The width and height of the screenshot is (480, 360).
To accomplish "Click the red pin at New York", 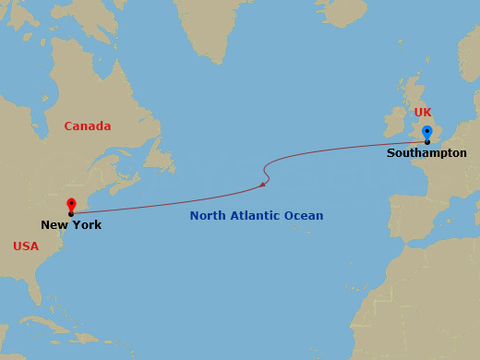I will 71,205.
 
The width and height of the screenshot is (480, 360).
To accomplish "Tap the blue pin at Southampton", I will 426,132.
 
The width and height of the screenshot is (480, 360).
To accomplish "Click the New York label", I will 71,224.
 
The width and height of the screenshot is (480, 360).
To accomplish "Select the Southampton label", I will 426,152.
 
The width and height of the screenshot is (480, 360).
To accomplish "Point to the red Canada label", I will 87,126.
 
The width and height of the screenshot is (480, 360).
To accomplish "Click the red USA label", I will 26,246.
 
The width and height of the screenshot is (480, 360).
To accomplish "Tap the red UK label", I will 423,113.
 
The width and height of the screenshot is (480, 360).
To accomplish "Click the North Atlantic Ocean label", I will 257,216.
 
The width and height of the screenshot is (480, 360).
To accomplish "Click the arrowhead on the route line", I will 264,185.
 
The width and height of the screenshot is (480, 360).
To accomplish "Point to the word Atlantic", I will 258,216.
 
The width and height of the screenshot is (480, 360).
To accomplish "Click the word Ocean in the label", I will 305,216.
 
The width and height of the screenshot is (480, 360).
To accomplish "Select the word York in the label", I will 88,224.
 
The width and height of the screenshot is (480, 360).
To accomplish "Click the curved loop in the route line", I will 268,170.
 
